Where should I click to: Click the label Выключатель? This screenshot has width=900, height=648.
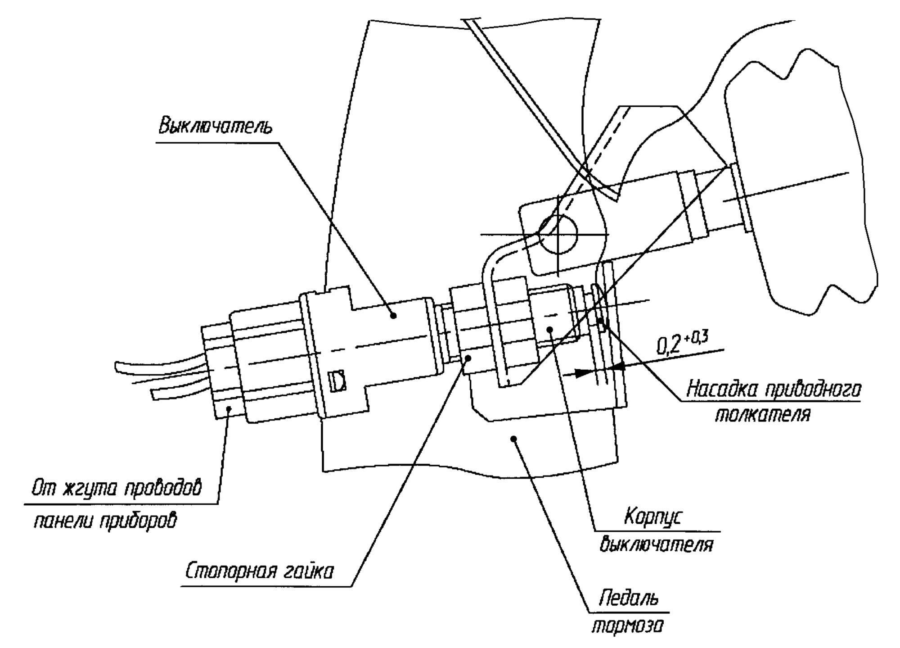(x=215, y=126)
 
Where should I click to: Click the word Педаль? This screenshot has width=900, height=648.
(x=629, y=598)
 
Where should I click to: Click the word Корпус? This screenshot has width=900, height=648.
(x=652, y=517)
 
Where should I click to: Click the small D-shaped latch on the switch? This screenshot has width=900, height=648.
(x=337, y=381)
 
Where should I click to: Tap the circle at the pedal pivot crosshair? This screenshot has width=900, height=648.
(x=558, y=234)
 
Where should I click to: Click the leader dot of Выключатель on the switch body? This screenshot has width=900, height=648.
(x=393, y=316)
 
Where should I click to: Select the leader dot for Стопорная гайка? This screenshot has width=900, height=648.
(x=468, y=358)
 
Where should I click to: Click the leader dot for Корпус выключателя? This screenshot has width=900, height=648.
(x=550, y=329)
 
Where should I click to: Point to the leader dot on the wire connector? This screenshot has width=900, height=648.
(x=229, y=408)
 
